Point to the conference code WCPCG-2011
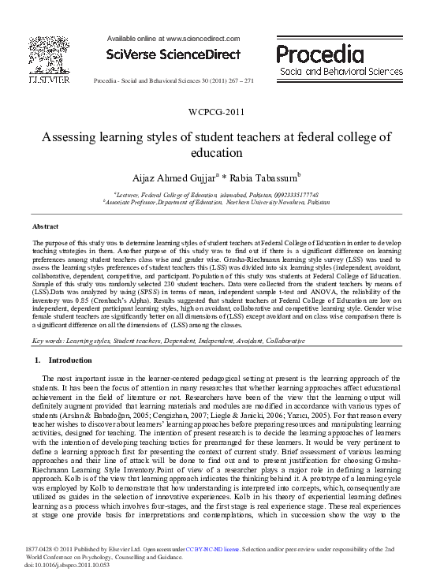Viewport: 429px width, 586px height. coord(214,112)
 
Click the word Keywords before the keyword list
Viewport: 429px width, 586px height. coord(48,340)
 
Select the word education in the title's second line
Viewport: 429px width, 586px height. coord(214,153)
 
